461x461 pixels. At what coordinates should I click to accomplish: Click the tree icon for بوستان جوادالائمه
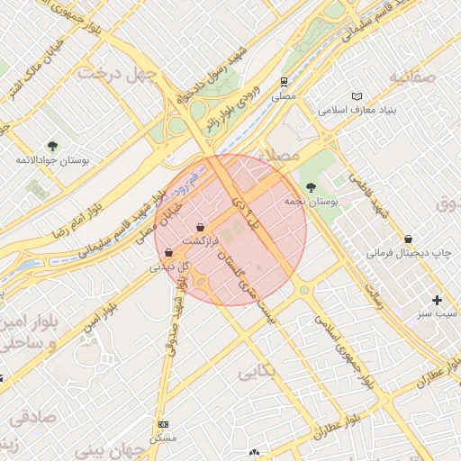click(x=52, y=146)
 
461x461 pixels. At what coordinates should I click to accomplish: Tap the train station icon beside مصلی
click(x=285, y=80)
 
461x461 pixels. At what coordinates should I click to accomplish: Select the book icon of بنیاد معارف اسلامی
click(x=357, y=96)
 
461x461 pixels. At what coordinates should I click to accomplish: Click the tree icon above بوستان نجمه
click(x=311, y=187)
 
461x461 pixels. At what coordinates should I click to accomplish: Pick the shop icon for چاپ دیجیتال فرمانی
click(x=410, y=240)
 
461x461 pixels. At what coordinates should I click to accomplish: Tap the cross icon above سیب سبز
click(x=438, y=299)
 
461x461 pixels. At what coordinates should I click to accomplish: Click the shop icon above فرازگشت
click(x=200, y=227)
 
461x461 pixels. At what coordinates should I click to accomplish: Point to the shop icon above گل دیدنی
click(x=169, y=253)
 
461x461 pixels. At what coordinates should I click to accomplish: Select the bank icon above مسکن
click(x=163, y=424)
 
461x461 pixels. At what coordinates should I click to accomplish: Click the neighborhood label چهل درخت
click(x=113, y=72)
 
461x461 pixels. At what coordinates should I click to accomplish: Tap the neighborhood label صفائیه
click(x=412, y=77)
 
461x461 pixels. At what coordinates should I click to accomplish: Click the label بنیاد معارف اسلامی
click(x=357, y=111)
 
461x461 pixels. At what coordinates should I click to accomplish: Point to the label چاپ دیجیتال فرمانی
click(x=406, y=254)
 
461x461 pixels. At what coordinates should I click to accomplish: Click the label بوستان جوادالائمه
click(x=52, y=160)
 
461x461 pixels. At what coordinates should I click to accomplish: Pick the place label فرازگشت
click(x=200, y=241)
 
